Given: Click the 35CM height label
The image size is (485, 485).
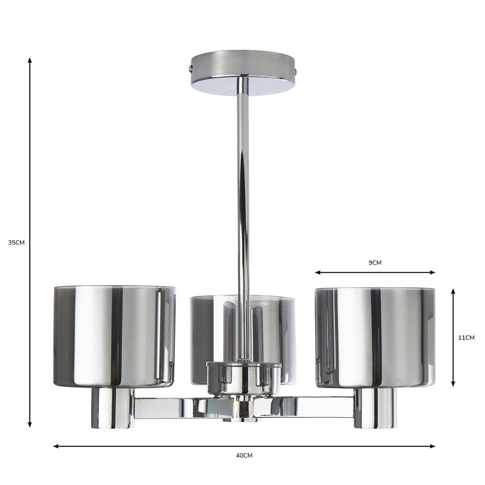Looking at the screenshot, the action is point(17,243).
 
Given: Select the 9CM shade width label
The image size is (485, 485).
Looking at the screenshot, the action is point(375,263).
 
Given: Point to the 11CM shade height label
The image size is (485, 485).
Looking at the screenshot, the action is point(466,338).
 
